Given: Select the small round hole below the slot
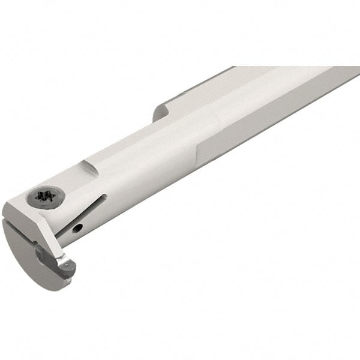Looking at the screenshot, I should point(78,229).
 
